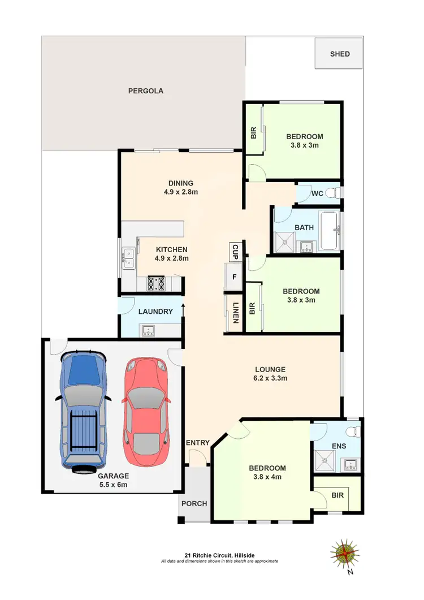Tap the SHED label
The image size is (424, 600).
pyautogui.click(x=340, y=54)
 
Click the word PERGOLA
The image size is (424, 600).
pyautogui.click(x=145, y=90)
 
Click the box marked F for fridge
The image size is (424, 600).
pyautogui.click(x=233, y=277)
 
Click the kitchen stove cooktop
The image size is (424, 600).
pyautogui.click(x=156, y=283)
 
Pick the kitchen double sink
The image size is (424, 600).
pyautogui.click(x=128, y=257)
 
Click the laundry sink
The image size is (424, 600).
pyautogui.click(x=149, y=331)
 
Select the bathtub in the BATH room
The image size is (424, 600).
pyautogui.click(x=328, y=231)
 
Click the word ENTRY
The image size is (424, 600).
pyautogui.click(x=197, y=443)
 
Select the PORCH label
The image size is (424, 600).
pyautogui.click(x=194, y=503)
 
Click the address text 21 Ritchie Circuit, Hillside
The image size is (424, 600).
pyautogui.click(x=219, y=555)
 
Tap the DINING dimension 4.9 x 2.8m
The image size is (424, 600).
pyautogui.click(x=180, y=192)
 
